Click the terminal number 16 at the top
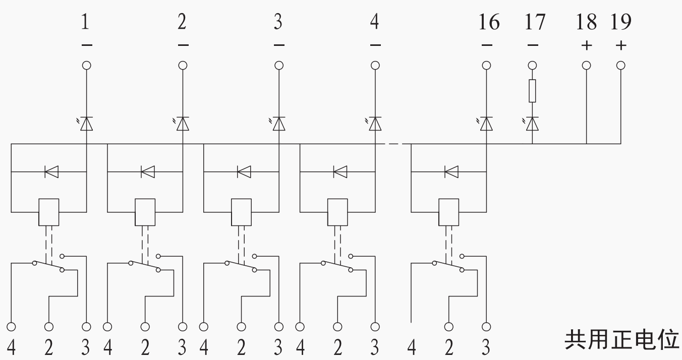[x=489, y=22]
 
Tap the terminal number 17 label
[x=535, y=22]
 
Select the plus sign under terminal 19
[x=621, y=46]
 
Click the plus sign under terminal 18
[x=586, y=46]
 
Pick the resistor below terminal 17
[x=532, y=91]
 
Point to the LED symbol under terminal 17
[x=531, y=124]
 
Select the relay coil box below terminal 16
[x=448, y=212]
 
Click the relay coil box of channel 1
[x=49, y=212]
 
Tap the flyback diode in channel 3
[x=244, y=171]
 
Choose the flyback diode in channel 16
[x=451, y=171]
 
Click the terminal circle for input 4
[x=375, y=65]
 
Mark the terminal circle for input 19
[x=621, y=65]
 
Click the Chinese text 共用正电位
[x=621, y=340]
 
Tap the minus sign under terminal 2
[x=183, y=45]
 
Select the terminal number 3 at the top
[x=278, y=22]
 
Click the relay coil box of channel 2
[x=145, y=212]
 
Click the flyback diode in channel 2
[x=148, y=171]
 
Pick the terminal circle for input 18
[x=586, y=65]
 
